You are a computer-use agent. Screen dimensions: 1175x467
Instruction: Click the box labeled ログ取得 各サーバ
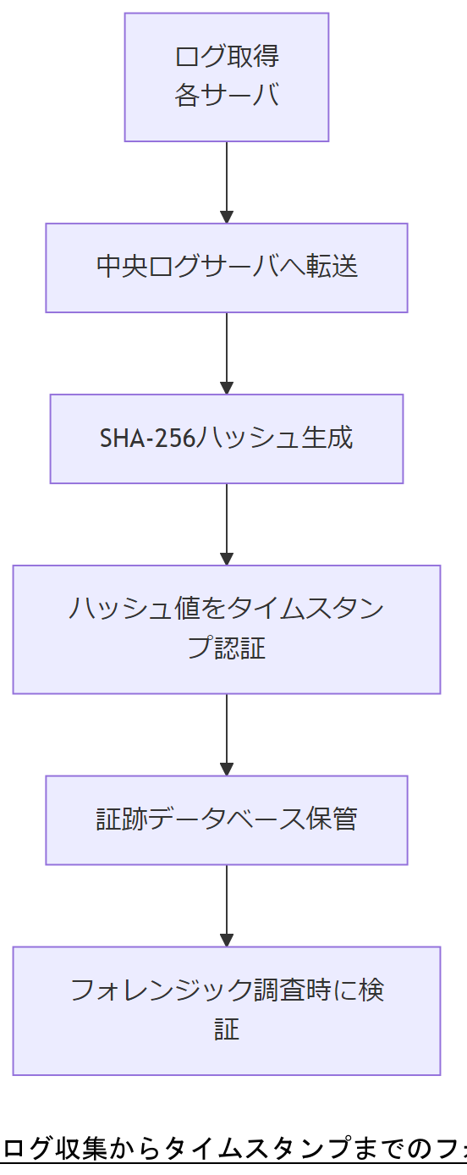point(226,77)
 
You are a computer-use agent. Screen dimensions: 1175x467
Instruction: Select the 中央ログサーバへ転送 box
point(226,268)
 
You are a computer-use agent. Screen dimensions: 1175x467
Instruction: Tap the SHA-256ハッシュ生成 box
point(226,439)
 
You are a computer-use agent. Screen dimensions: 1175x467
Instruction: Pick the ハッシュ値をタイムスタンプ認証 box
point(226,629)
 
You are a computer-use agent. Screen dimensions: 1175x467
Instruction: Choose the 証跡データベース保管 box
point(226,819)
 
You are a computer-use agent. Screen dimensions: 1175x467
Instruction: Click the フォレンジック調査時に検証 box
point(226,1010)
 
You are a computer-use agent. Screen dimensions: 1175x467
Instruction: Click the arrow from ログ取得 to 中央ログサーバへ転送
point(226,182)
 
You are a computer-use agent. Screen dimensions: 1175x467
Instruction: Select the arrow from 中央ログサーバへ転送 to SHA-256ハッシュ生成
point(226,353)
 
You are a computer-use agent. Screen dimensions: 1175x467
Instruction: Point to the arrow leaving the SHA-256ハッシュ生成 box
point(226,524)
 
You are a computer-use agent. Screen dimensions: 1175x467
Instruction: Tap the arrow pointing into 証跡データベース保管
point(226,734)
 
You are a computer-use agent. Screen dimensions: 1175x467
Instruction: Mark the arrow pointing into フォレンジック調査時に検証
point(226,905)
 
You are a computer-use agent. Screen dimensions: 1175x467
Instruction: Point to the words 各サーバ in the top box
point(226,96)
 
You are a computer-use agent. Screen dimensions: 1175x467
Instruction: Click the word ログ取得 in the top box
point(226,58)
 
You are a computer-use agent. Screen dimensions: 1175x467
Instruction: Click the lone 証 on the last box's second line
point(226,1029)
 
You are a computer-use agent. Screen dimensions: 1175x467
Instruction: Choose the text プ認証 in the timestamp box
point(226,648)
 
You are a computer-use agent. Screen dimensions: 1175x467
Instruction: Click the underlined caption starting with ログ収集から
point(233,1148)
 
